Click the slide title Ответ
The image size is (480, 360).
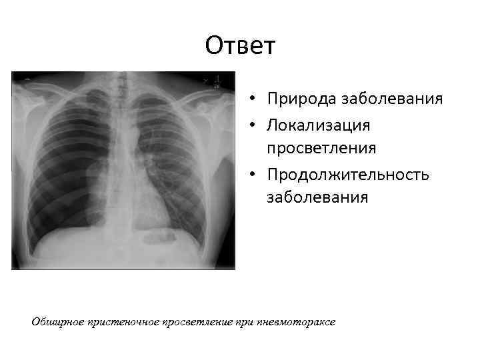[x=240, y=46]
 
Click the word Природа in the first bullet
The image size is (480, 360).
[x=301, y=99]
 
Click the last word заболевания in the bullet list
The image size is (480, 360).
[x=317, y=197]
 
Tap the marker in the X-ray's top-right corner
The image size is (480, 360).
[x=217, y=81]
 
